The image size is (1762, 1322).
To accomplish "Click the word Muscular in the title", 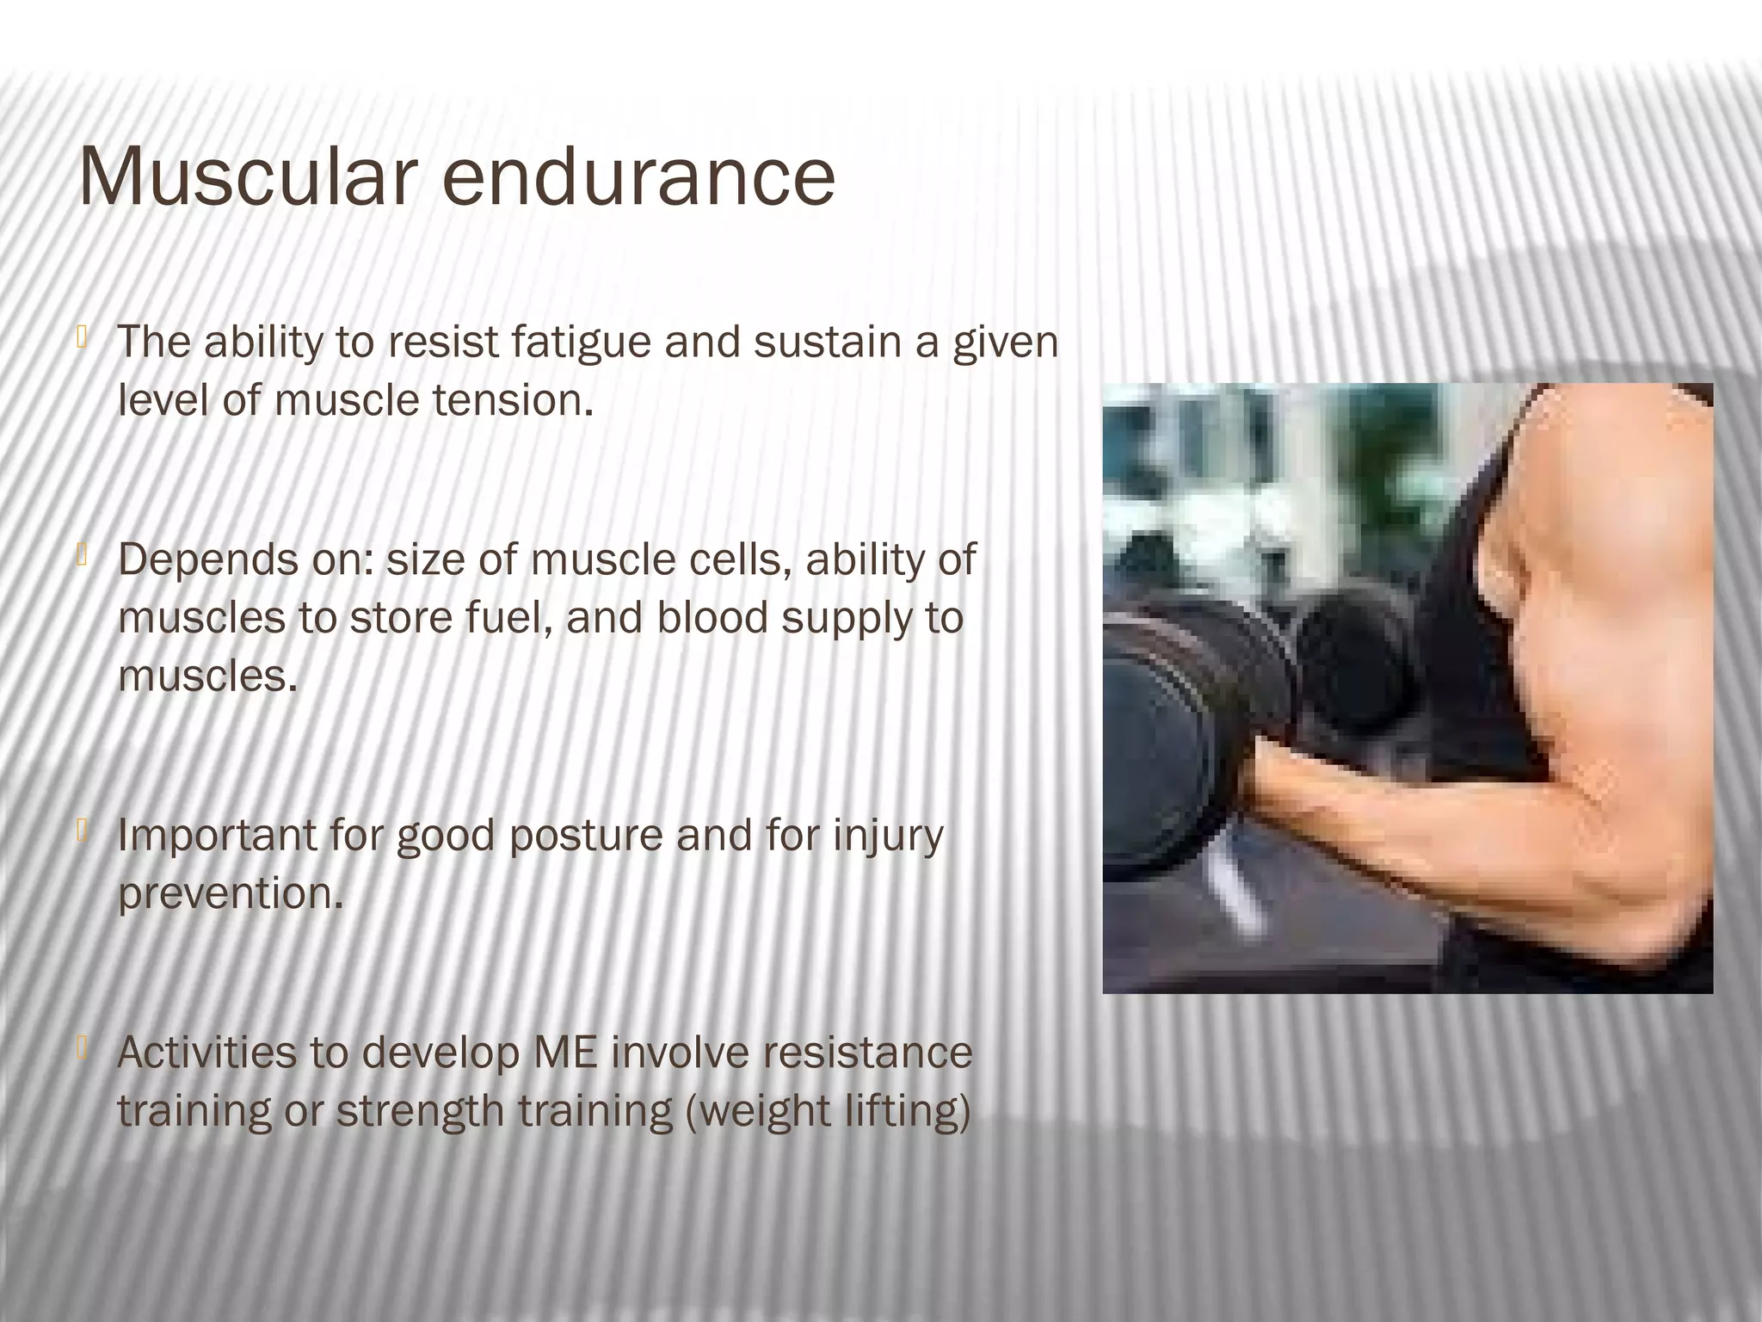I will (x=242, y=177).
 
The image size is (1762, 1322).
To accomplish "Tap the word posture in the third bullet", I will (x=585, y=835).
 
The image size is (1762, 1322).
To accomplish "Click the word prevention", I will (x=230, y=893).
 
